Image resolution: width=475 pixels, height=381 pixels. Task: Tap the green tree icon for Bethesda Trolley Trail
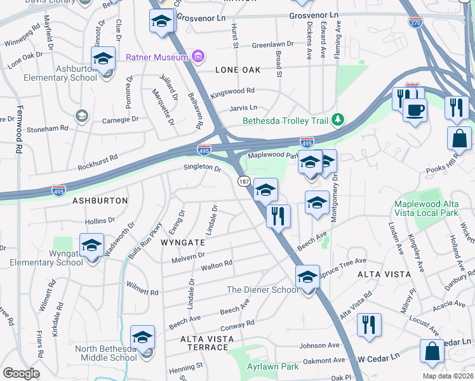[339, 119]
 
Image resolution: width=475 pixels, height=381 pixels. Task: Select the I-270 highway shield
[415, 23]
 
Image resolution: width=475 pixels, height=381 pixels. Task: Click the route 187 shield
[244, 182]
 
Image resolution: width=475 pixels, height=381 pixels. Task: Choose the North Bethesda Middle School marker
[143, 338]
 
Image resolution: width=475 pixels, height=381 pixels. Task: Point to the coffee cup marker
[415, 110]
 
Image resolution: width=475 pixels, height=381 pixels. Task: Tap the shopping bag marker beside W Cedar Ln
[432, 352]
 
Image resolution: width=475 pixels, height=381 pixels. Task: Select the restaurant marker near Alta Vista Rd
[369, 325]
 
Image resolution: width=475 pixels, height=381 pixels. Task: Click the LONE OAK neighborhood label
[238, 69]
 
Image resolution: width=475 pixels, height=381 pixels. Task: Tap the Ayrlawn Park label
[273, 366]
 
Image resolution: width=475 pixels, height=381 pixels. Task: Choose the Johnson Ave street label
[320, 346]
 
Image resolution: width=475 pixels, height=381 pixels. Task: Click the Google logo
[21, 373]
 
